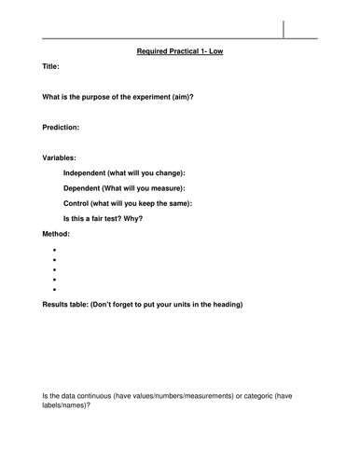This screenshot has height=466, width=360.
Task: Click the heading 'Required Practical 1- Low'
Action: [x=179, y=52]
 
